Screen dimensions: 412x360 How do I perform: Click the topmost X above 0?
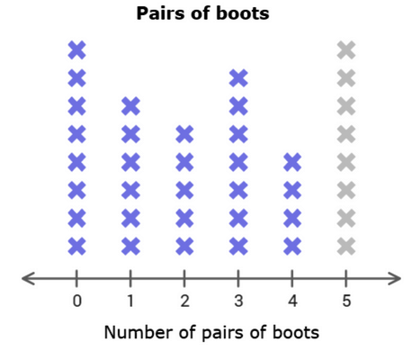77,50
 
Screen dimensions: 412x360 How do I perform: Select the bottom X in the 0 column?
77,247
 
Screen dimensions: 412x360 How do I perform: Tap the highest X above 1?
130,106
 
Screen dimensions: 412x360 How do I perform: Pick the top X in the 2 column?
184,134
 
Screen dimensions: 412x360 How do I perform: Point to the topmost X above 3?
238,78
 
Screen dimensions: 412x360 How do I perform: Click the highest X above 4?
292,162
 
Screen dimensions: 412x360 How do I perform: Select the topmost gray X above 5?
346,50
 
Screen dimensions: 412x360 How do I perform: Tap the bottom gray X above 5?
346,247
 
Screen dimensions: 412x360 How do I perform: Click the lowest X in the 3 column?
238,247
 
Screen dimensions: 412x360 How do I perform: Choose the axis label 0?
77,301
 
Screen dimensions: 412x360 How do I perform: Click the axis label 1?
130,301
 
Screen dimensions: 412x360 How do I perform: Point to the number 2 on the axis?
184,301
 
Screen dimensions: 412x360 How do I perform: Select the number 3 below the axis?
238,301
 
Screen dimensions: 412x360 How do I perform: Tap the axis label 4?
292,301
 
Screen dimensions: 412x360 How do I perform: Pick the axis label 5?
346,301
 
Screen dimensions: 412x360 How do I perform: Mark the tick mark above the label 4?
292,279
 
